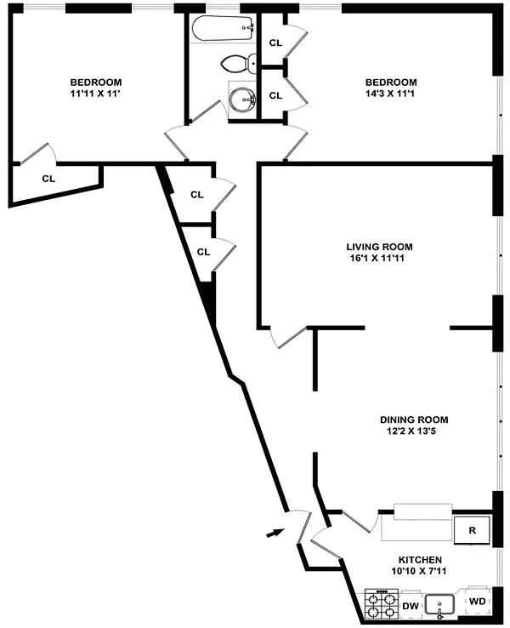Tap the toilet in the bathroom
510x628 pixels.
click(x=236, y=63)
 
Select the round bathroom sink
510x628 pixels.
click(x=241, y=100)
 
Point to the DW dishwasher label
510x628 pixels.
click(x=410, y=605)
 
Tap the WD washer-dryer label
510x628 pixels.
click(x=477, y=602)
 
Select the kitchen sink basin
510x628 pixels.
click(x=441, y=606)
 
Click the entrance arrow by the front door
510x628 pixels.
click(x=274, y=533)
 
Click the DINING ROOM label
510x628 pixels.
click(x=413, y=420)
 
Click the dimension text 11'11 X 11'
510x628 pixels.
click(x=95, y=94)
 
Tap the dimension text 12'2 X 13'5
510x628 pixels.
click(x=413, y=431)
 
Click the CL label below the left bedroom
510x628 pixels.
click(x=48, y=179)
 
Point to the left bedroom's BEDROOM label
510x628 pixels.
click(x=95, y=83)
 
